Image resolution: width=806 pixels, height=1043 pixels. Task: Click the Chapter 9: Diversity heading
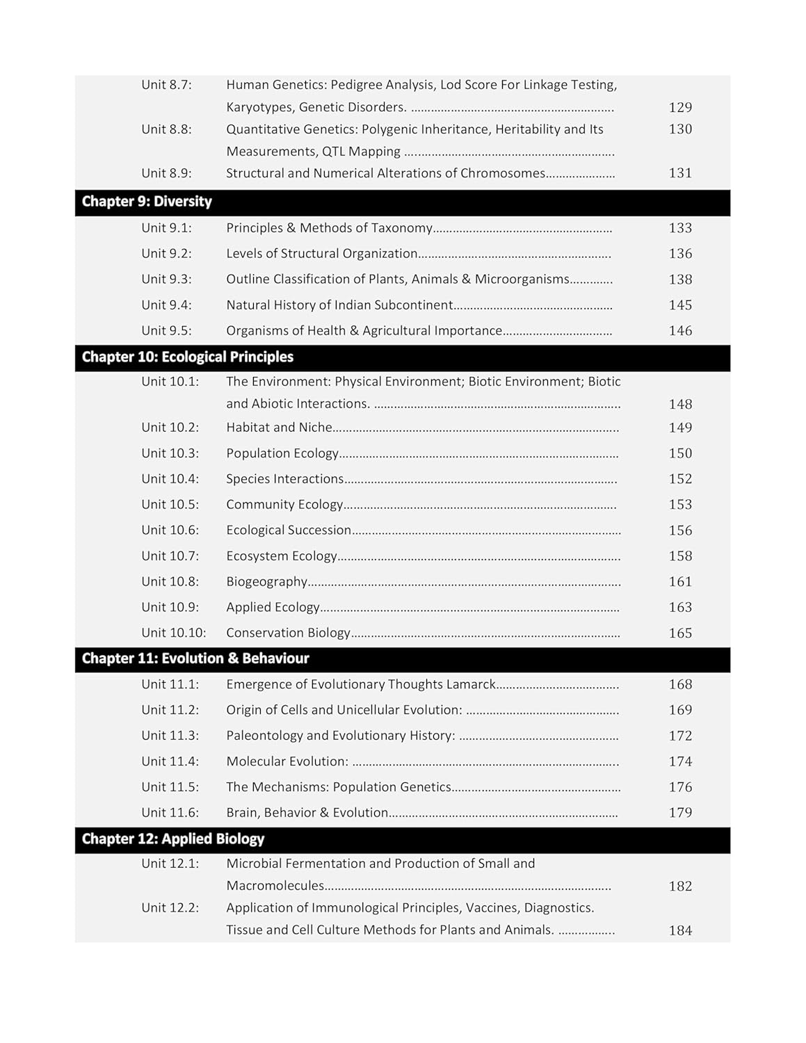pos(147,202)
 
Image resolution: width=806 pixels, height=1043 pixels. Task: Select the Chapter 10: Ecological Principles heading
pos(188,357)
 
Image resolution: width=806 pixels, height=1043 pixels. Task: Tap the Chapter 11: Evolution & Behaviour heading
pos(195,658)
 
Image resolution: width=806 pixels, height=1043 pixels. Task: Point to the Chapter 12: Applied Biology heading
pos(173,839)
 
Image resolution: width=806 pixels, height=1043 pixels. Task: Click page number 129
pos(680,107)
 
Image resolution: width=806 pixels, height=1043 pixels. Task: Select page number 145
pos(680,305)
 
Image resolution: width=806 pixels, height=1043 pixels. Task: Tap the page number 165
pos(680,633)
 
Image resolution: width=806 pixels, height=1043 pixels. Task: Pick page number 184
pos(680,930)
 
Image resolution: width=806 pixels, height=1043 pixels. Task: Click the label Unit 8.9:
pos(166,173)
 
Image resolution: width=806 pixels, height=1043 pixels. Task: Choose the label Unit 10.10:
pos(174,633)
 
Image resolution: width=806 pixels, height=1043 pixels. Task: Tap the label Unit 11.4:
pos(170,761)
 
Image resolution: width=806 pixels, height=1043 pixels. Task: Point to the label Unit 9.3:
pos(166,280)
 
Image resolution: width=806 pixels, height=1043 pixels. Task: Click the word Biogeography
pos(267,582)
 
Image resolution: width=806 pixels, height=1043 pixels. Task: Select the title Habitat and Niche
pos(279,428)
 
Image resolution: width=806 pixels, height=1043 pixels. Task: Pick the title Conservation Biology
pos(288,633)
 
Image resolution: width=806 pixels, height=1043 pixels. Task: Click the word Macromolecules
pos(275,886)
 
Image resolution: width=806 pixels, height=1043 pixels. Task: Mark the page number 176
pos(680,787)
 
